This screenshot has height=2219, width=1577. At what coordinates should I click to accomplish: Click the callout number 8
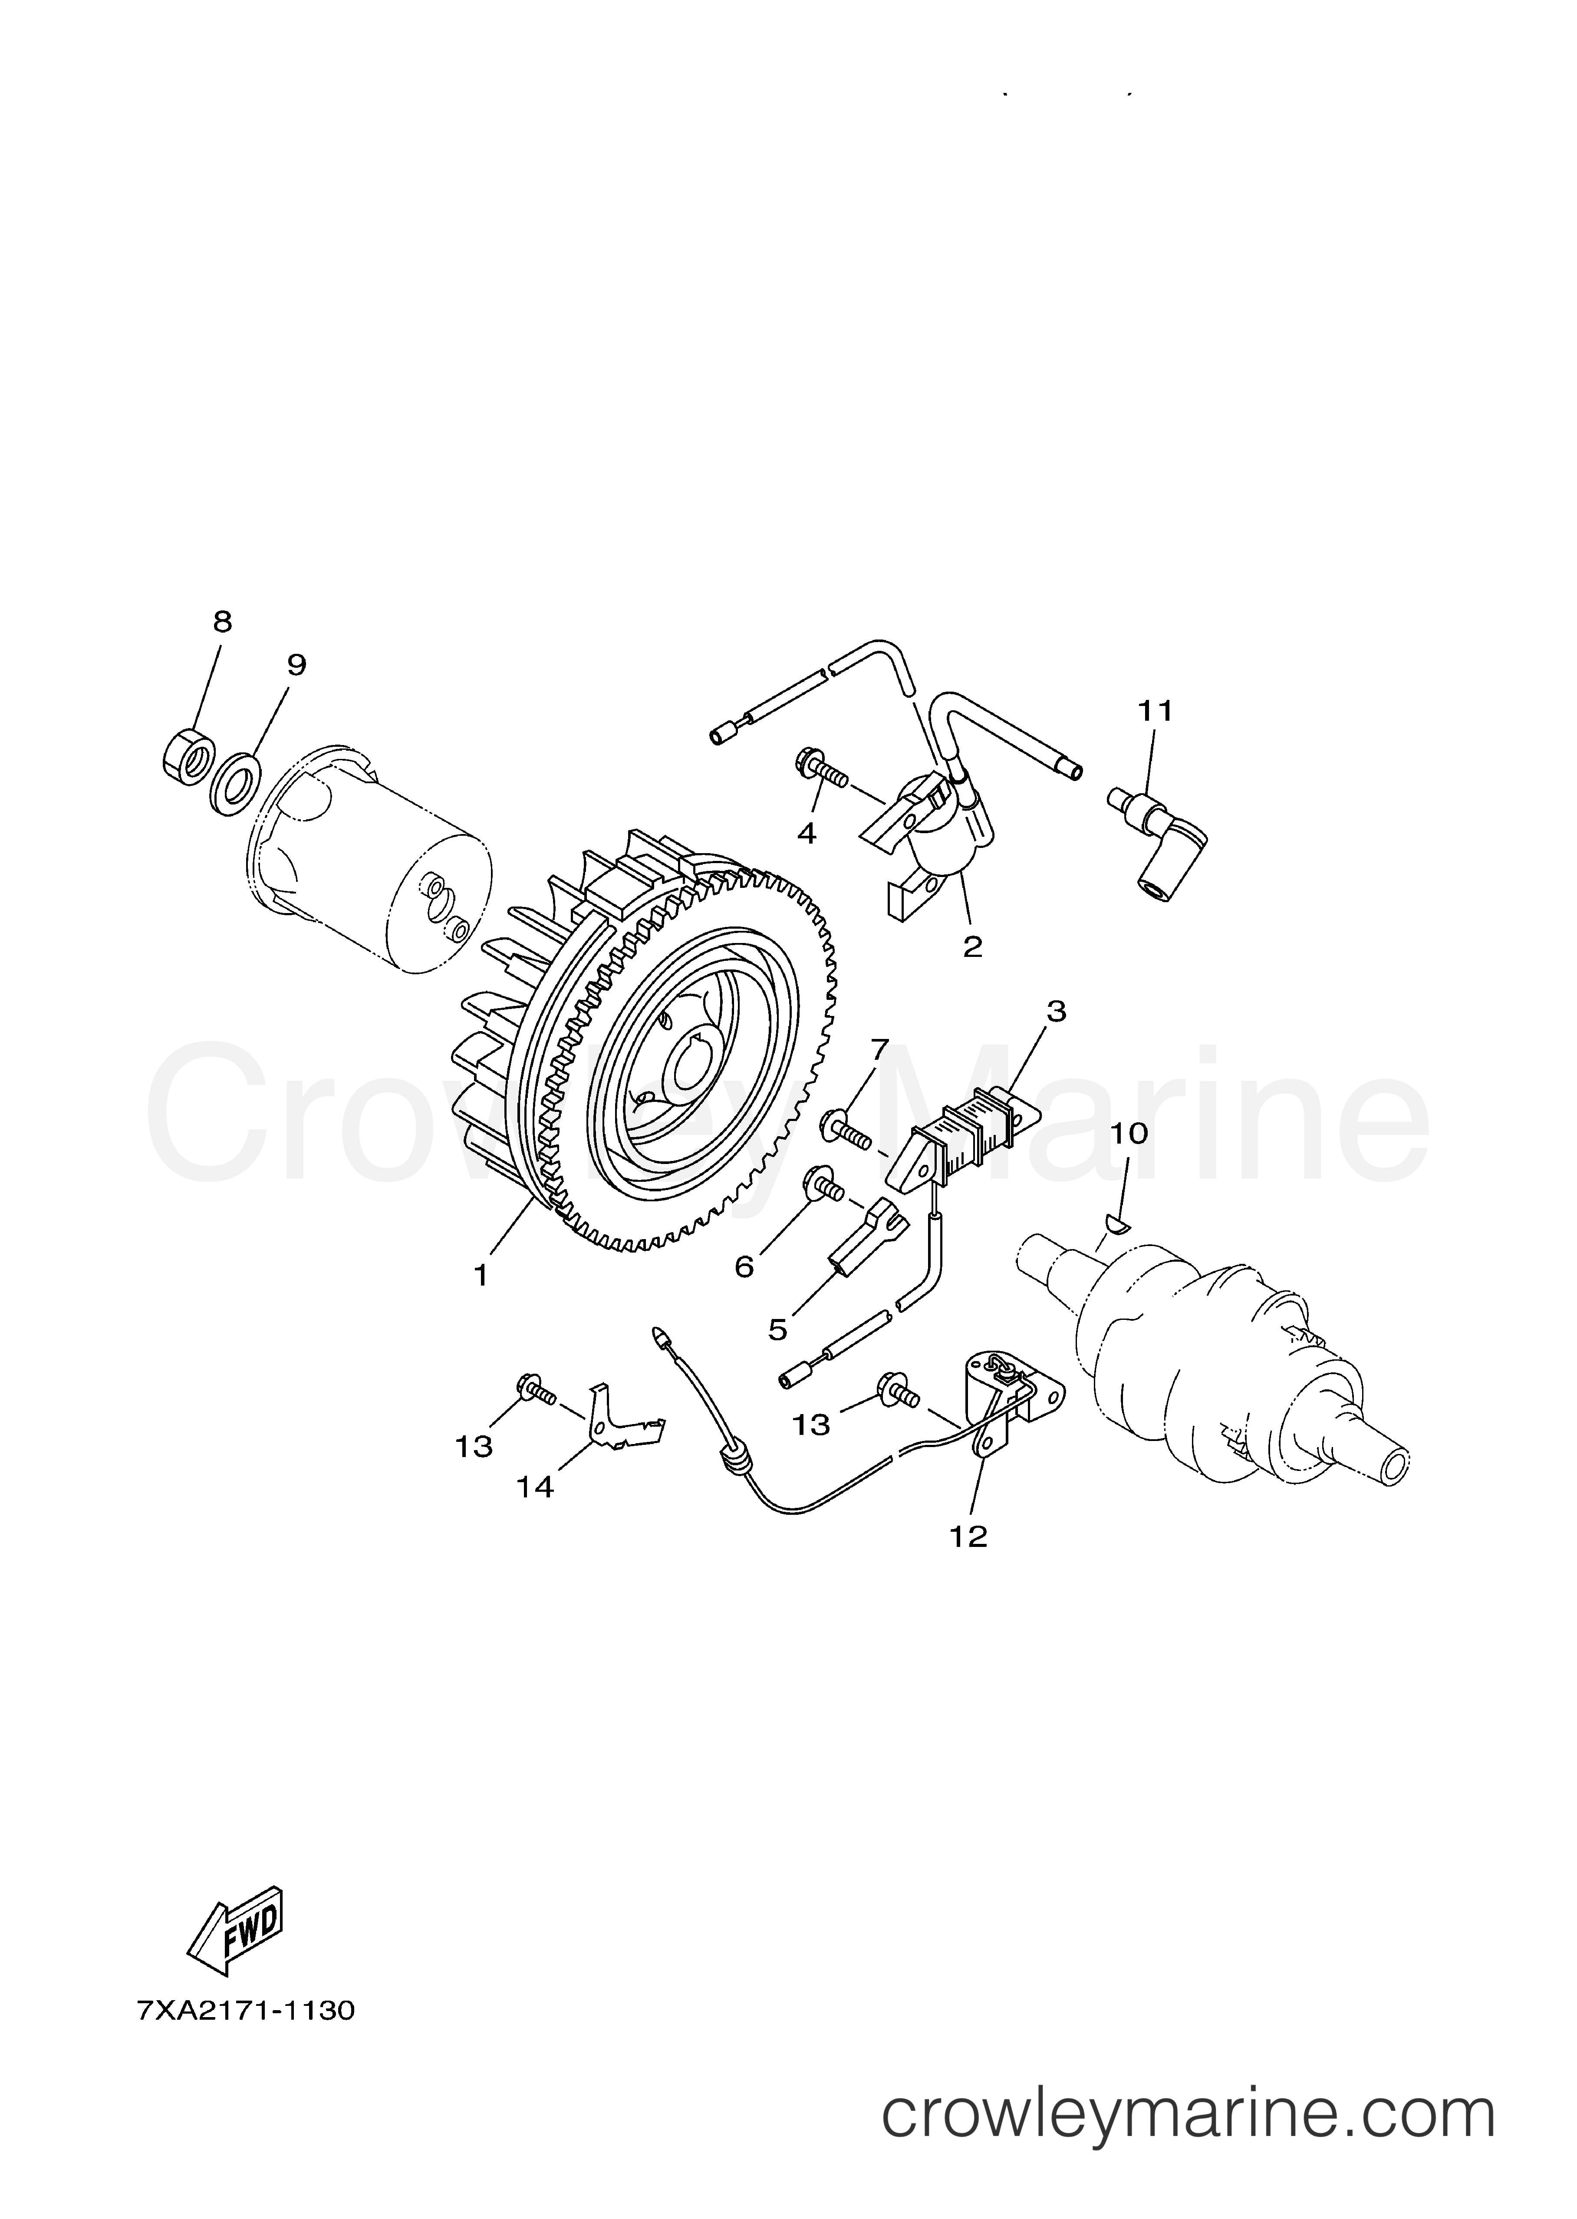222,622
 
